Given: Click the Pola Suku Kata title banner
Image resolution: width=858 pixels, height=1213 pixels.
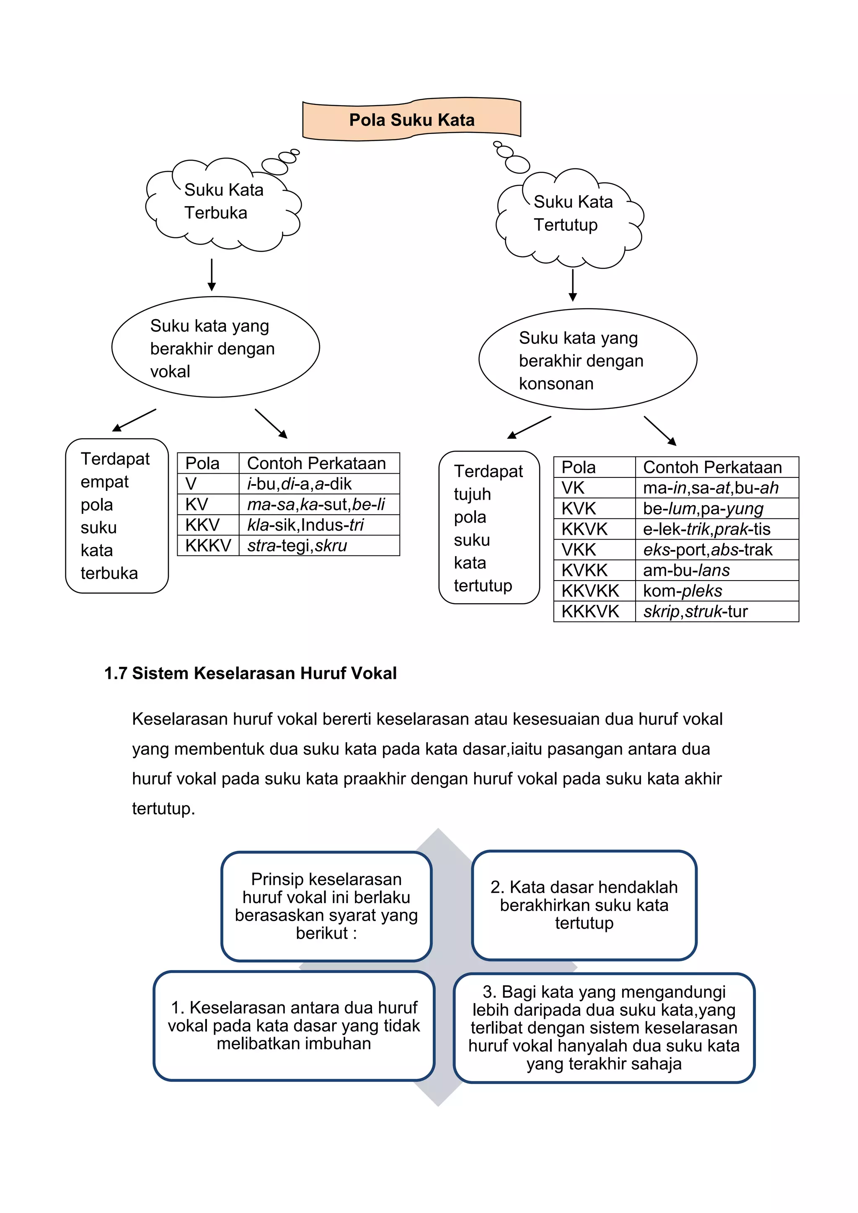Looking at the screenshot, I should [411, 120].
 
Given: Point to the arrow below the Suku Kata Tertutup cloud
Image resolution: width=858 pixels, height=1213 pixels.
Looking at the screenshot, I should [573, 285].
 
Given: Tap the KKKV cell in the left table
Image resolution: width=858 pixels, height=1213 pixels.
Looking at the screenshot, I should [208, 546].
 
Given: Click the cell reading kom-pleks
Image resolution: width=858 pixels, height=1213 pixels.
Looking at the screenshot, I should [716, 591].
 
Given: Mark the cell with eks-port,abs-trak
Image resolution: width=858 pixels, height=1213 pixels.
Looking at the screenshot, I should [716, 550].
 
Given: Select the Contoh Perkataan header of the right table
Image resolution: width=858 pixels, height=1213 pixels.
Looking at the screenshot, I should [716, 467].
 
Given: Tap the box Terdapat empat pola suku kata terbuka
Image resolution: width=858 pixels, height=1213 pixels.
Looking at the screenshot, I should [117, 516].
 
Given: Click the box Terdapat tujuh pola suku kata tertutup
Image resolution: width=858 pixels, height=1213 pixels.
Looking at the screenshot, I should [489, 527].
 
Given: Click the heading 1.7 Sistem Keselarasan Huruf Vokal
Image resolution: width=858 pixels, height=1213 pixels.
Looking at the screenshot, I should [251, 673].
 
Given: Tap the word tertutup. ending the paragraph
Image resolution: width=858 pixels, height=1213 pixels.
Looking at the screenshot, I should [163, 808].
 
